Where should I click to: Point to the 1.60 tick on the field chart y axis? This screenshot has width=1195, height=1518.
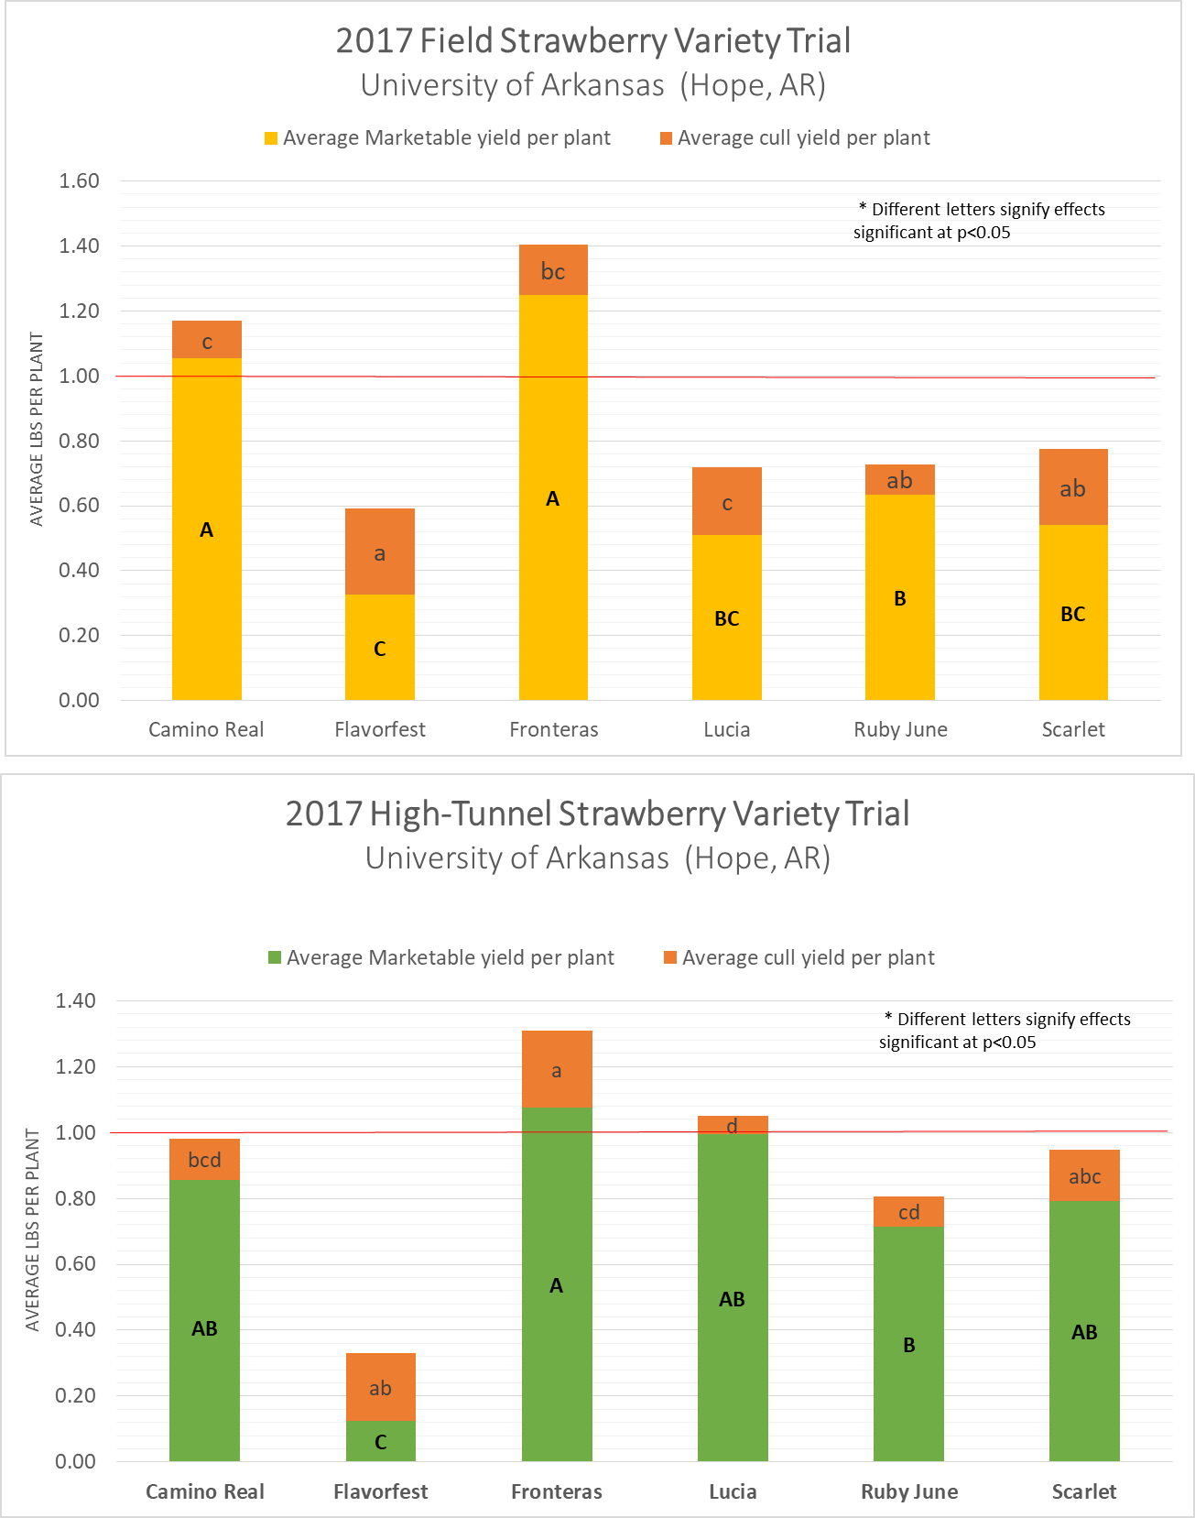pos(80,180)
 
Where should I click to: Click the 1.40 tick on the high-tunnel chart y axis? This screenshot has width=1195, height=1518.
pos(76,1000)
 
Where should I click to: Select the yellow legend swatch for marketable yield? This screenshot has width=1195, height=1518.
pos(271,138)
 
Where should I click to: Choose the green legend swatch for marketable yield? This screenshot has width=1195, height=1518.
pos(275,957)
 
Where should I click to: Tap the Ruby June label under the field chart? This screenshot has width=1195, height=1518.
pos(900,729)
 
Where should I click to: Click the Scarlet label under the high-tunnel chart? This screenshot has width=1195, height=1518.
pos(1083,1491)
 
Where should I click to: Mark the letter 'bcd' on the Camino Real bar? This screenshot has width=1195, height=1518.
pos(204,1160)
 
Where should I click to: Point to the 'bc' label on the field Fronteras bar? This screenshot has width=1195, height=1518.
pos(553,271)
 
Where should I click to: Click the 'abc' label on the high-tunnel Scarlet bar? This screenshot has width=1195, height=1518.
pos(1084,1176)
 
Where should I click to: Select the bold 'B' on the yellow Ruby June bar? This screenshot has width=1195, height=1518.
pos(900,598)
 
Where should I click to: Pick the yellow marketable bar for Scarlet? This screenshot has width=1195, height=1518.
pos(1073,568)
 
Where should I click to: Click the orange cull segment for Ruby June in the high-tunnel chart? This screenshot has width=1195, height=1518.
pos(908,1212)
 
